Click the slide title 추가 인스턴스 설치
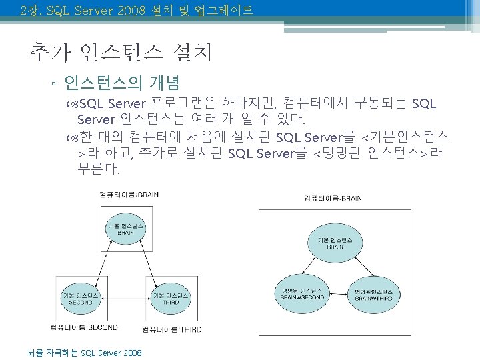[121, 51]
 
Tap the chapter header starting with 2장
[137, 10]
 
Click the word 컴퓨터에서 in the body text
[316, 103]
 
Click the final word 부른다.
[99, 170]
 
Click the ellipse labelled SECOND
[81, 297]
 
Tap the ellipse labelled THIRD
[171, 297]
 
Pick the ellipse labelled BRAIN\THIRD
[378, 294]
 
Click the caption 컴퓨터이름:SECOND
[84, 327]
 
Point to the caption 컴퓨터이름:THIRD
[172, 329]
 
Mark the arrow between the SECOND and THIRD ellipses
[126, 297]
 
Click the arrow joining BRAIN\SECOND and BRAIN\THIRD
[340, 294]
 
